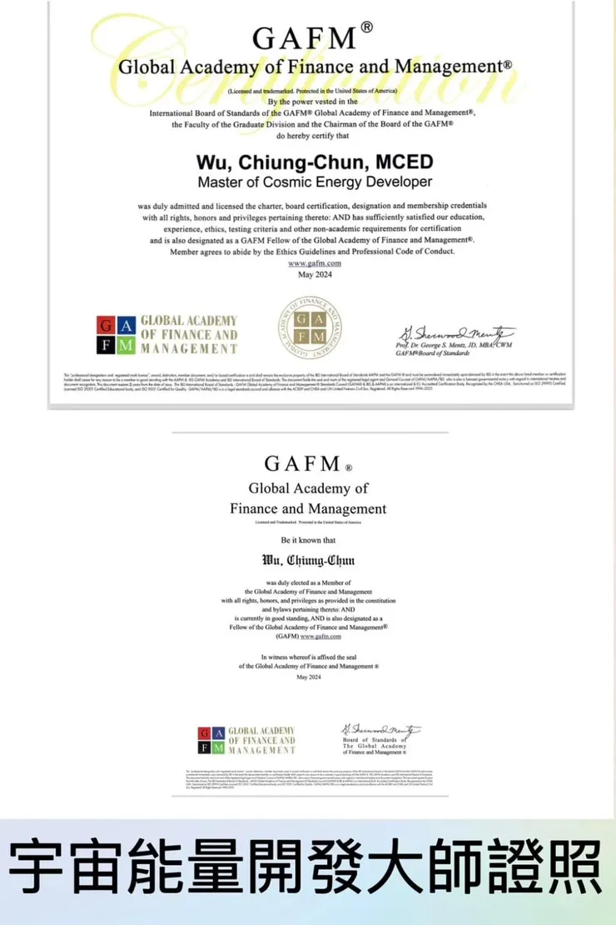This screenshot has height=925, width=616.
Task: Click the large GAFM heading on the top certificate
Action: (307, 37)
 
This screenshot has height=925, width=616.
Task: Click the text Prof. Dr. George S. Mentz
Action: (453, 344)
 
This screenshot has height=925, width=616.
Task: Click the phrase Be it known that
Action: (308, 540)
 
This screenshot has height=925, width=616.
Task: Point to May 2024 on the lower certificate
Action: (308, 677)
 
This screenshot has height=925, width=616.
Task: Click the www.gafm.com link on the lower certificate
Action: (321, 636)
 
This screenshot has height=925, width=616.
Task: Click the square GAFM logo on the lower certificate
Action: (211, 741)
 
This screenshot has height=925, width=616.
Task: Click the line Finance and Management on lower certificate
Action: (308, 508)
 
